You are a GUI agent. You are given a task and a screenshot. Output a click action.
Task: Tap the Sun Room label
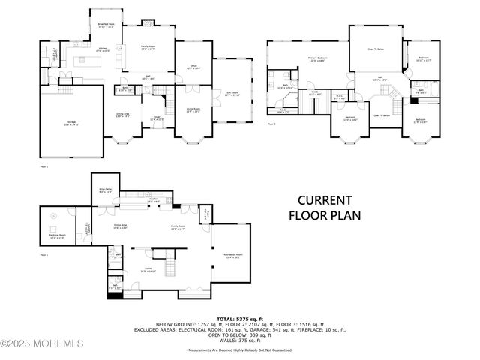pos(232,93)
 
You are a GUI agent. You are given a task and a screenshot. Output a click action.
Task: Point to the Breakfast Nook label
pos(105,24)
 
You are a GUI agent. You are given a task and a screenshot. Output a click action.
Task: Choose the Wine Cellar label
pos(105,191)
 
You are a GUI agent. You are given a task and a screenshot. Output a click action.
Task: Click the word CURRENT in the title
pos(325,200)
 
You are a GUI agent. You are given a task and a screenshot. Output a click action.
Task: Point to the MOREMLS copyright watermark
pos(41,343)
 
